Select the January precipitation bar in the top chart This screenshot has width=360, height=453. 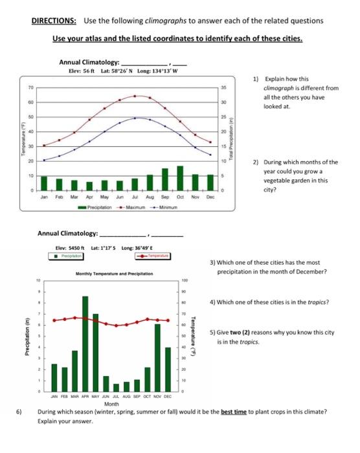(44, 184)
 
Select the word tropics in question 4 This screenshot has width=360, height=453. (318, 302)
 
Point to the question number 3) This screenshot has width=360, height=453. (213, 263)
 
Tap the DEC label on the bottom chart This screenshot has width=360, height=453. (168, 397)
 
